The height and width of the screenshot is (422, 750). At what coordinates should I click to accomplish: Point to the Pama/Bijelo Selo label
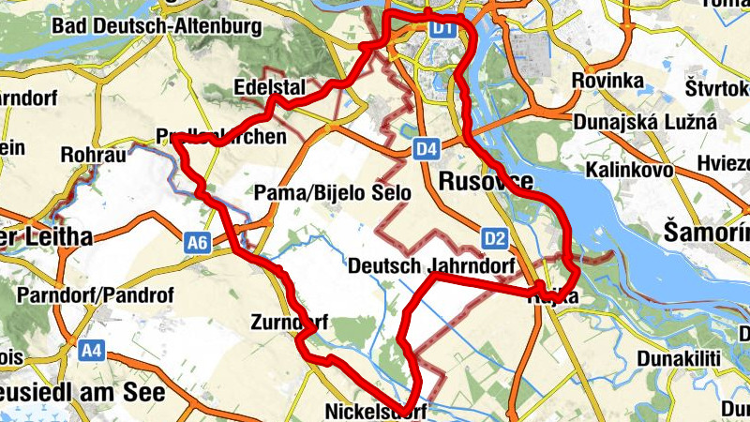333,193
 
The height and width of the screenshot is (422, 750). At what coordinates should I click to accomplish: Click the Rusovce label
486,181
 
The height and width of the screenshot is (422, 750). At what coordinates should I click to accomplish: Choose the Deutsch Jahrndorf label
433,266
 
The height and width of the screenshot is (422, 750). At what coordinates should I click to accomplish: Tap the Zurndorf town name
289,324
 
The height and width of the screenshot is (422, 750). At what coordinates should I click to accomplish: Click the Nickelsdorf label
375,412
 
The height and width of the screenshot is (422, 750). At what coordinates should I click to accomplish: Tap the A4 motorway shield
91,351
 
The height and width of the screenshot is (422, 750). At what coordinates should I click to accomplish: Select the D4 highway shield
427,148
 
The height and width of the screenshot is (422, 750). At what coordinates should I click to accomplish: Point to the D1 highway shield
442,30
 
